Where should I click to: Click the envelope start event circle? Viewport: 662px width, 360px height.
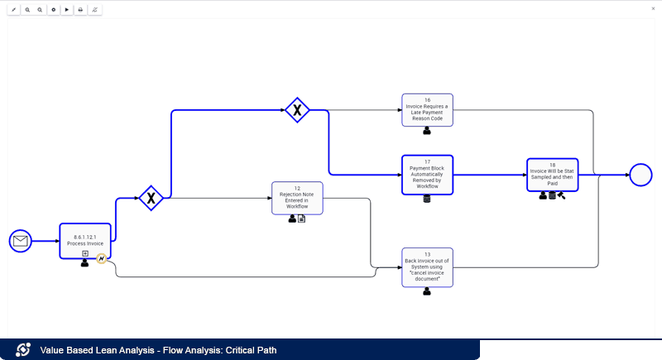(20, 241)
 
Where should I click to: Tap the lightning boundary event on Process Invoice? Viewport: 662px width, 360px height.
(102, 259)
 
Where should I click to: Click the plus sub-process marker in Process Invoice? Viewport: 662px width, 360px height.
(84, 253)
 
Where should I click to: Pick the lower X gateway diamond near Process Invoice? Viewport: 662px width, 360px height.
(151, 198)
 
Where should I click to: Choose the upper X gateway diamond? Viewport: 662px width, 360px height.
(297, 109)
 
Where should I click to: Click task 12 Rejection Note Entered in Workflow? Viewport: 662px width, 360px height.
(297, 198)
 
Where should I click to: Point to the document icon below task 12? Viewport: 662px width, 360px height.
(302, 218)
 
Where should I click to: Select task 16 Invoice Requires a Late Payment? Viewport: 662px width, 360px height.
(427, 109)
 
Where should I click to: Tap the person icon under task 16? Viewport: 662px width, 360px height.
(427, 131)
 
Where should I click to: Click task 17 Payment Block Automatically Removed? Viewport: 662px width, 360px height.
(427, 174)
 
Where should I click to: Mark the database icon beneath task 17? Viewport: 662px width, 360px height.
(427, 199)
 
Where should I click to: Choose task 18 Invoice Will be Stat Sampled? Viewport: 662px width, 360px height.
(552, 174)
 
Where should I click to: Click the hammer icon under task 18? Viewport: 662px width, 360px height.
(562, 196)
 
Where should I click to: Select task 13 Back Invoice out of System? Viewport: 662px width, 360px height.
(427, 266)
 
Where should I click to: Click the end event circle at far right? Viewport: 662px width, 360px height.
(640, 175)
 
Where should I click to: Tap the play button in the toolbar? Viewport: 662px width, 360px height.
(66, 10)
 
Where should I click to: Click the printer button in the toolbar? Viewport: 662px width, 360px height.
(80, 10)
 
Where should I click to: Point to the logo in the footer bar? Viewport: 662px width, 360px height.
(23, 350)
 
